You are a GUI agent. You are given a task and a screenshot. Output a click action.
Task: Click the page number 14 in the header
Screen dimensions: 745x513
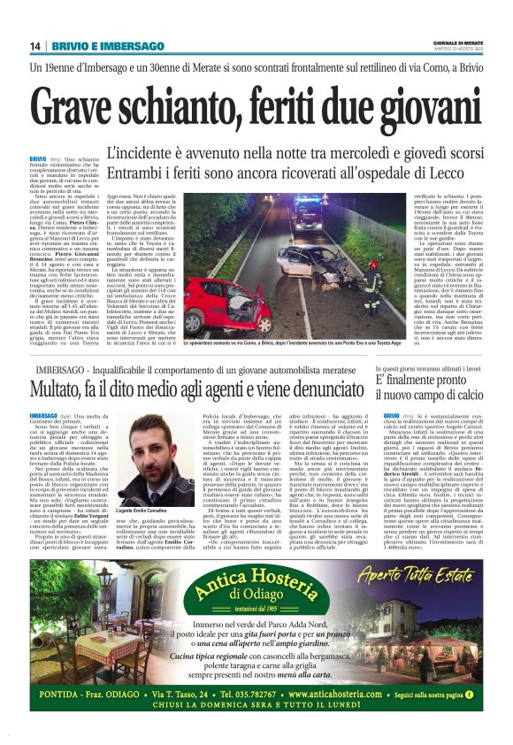pyautogui.click(x=35, y=46)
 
